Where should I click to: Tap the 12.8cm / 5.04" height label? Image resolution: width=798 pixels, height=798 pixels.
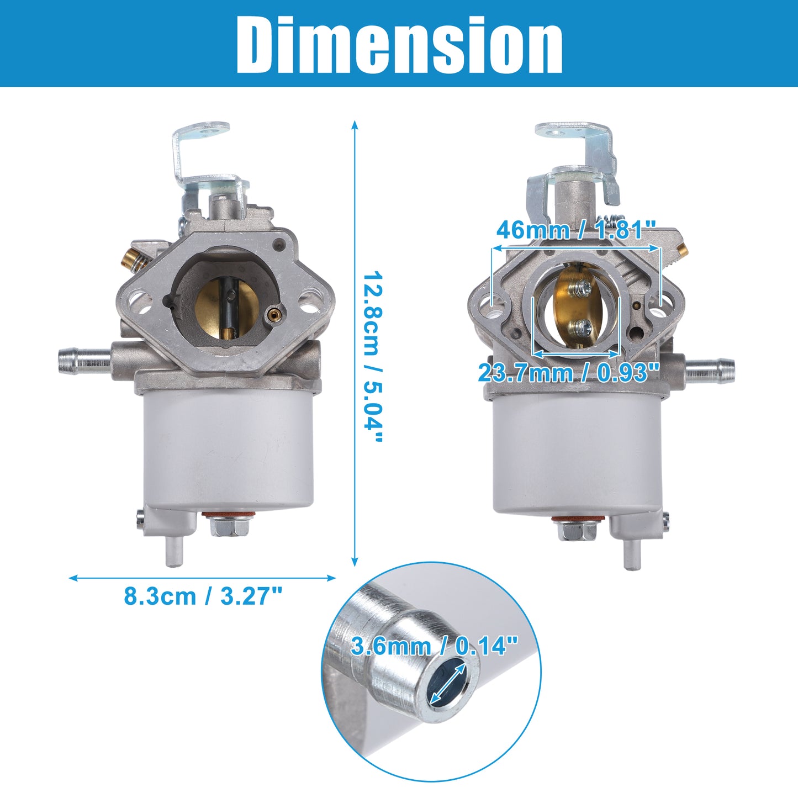point(372,357)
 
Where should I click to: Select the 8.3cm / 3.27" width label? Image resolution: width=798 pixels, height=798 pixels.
point(203,596)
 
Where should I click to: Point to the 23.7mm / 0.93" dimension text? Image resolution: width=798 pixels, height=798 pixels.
point(569,372)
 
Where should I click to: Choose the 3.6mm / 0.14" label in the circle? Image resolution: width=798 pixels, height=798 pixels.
point(435,646)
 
